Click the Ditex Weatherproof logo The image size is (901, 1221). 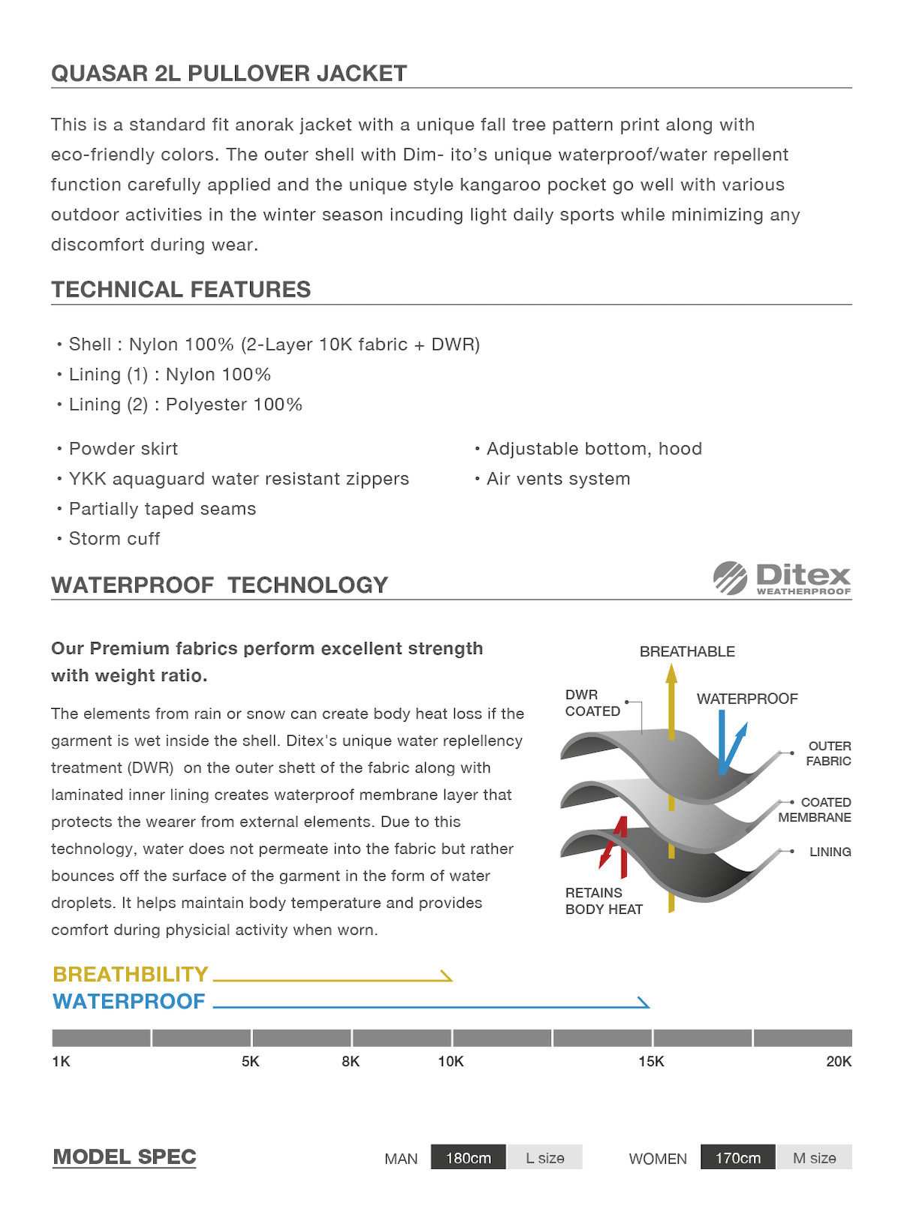click(x=782, y=578)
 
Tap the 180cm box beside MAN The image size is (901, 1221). click(x=469, y=1157)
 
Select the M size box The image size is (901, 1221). click(x=814, y=1157)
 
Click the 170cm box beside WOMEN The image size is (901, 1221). click(x=737, y=1157)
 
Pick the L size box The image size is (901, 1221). click(x=544, y=1157)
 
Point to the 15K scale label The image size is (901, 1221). click(x=651, y=1061)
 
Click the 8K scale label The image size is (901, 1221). click(x=351, y=1061)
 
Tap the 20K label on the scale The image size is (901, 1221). click(x=839, y=1061)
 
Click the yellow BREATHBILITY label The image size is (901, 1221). click(x=130, y=974)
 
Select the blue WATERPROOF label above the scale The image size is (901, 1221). click(x=128, y=1001)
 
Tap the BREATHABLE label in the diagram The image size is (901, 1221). click(x=687, y=652)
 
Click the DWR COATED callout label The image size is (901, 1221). click(x=592, y=703)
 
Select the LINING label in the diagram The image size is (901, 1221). click(x=830, y=852)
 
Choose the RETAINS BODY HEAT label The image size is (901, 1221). click(x=604, y=900)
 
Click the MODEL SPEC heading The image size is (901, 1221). click(x=125, y=1156)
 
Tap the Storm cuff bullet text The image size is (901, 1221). click(x=114, y=538)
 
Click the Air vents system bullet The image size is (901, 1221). click(x=558, y=479)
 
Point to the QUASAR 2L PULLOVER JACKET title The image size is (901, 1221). click(x=229, y=73)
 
